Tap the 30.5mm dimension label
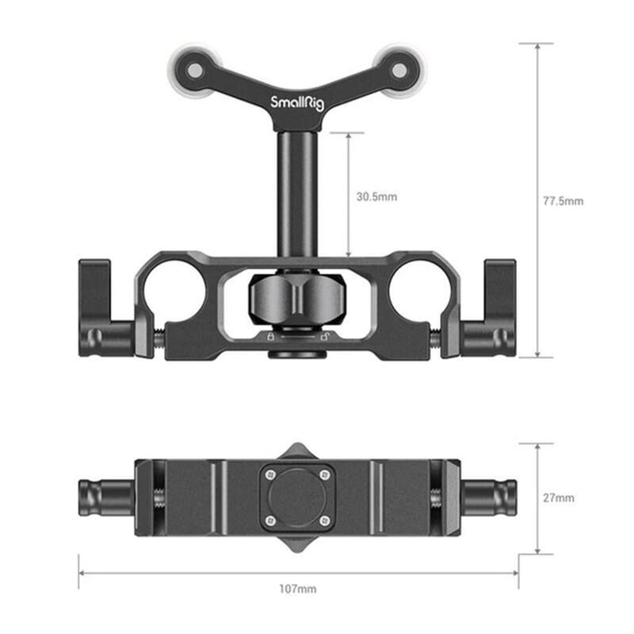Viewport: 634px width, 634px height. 377,196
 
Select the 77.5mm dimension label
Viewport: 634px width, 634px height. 563,201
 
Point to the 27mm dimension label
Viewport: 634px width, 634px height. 560,498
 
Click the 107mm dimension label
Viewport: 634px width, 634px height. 298,589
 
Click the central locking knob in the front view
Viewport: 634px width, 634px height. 297,299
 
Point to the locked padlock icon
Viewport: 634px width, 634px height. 270,337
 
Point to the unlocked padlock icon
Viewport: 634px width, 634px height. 325,337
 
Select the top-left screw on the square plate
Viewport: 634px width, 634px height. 271,475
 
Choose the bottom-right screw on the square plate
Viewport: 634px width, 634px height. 323,521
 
